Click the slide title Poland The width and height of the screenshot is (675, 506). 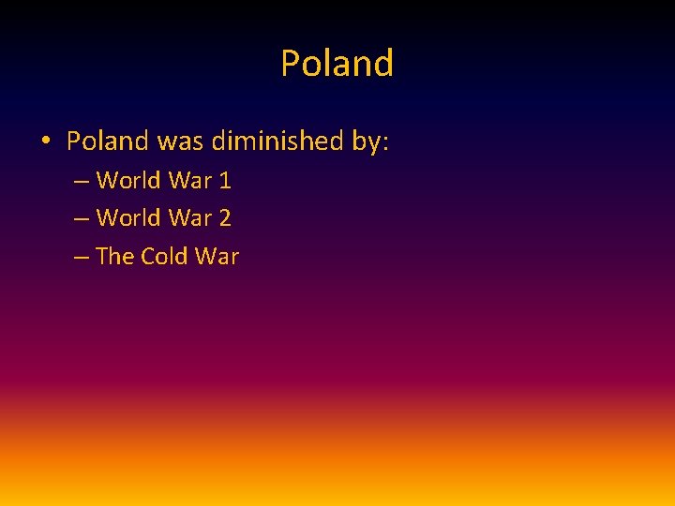[337, 64]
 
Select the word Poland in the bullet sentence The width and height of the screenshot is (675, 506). [108, 141]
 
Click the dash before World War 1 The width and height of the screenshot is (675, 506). [81, 181]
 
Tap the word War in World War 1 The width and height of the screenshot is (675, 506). [190, 180]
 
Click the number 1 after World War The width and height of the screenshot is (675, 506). [225, 180]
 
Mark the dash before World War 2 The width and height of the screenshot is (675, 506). [81, 219]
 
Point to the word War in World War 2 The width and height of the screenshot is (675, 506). [190, 218]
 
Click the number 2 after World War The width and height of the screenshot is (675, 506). [225, 218]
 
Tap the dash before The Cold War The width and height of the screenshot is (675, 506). [81, 258]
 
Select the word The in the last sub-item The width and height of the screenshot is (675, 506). [115, 257]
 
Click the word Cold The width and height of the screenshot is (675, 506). [165, 257]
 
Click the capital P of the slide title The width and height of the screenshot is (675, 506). [290, 64]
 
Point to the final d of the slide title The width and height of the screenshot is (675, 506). [383, 64]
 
